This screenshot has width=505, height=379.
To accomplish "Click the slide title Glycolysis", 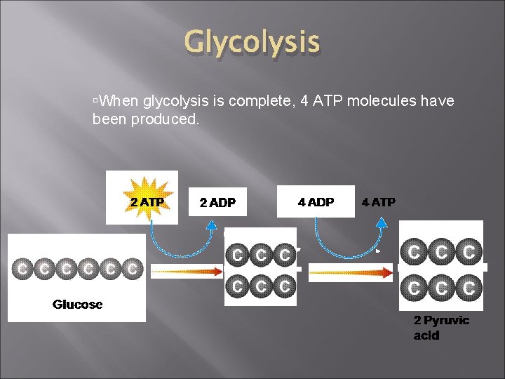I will click(252, 42).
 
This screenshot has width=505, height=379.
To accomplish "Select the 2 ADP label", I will click(217, 203).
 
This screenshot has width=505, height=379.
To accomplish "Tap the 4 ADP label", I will click(316, 202).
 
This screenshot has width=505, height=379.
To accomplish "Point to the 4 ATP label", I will click(379, 202).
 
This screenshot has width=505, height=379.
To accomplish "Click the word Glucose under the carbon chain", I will click(77, 305).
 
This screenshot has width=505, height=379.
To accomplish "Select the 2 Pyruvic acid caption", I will click(441, 328).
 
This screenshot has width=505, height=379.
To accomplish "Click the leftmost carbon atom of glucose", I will click(23, 268).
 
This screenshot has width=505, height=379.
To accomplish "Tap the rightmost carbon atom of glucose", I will click(132, 268).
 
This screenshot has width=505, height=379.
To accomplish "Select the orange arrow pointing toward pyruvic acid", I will click(351, 274).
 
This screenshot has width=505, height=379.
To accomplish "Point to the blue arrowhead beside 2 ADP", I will click(212, 224).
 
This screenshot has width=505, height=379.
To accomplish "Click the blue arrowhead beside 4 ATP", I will click(382, 223).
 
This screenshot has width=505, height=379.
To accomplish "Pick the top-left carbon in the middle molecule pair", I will click(237, 255).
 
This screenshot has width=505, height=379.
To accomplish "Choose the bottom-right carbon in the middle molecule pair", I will click(284, 286).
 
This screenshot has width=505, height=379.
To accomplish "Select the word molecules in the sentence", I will click(381, 102).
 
